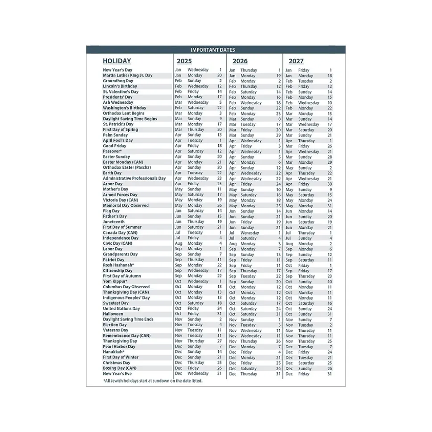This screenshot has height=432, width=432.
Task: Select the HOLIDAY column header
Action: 117,61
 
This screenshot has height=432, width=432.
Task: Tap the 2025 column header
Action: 184,61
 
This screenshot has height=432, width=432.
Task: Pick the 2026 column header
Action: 240,61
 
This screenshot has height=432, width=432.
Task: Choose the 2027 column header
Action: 296,61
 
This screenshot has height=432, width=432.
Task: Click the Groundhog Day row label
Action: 118,81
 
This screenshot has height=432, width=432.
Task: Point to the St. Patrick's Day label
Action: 118,124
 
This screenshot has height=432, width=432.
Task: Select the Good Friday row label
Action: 114,146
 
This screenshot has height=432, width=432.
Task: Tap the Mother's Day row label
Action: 115,189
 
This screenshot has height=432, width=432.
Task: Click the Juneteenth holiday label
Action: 114,222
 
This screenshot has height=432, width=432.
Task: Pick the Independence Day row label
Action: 121,238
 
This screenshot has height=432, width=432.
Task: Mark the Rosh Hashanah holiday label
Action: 118,265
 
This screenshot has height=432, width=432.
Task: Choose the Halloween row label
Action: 113,314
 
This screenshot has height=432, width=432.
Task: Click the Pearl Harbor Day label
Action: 119,347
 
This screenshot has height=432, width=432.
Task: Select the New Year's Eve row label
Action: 118,374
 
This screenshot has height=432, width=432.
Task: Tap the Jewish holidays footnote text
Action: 152,381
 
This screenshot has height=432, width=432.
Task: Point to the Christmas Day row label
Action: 117,363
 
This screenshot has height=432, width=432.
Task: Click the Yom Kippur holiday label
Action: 115,281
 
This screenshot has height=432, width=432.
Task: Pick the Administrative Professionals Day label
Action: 134,178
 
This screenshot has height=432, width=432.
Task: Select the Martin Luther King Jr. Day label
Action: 127,76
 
